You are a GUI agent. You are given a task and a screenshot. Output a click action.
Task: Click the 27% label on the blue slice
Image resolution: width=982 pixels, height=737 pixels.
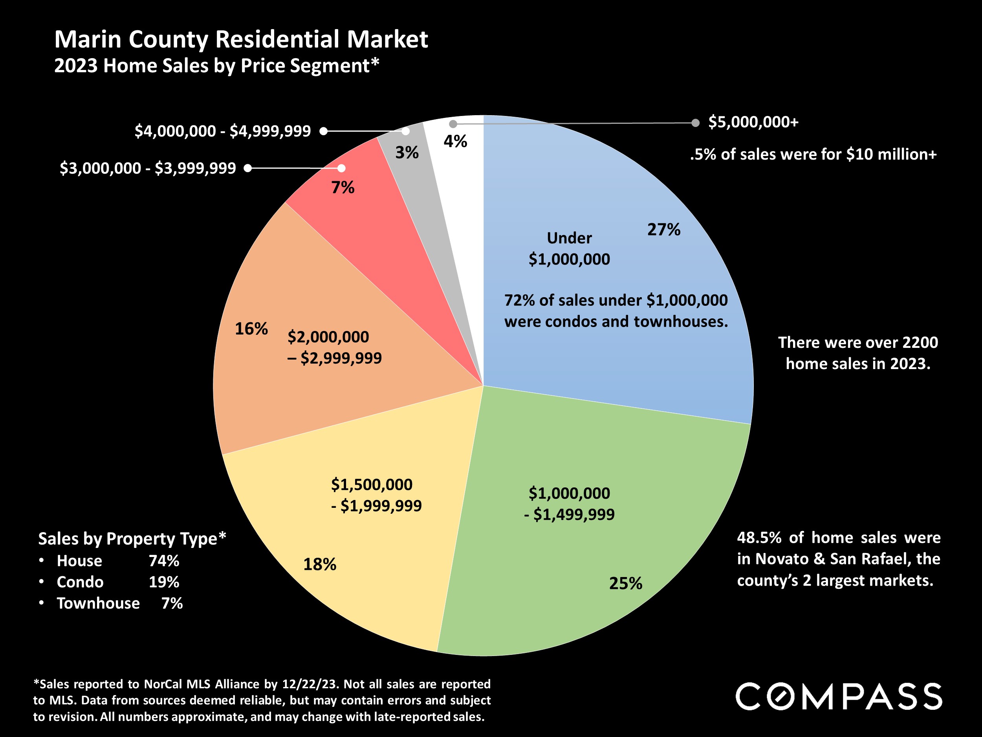coord(663,230)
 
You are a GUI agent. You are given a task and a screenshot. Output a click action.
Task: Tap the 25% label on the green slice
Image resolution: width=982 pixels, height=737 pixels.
coord(625,583)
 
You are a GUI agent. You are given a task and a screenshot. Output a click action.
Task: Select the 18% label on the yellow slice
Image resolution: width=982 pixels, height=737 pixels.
coord(320,564)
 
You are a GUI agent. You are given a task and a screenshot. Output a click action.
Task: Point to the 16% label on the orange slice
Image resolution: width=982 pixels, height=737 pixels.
coord(251,329)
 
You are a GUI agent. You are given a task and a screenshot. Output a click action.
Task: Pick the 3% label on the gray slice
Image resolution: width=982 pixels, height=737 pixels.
coord(407,153)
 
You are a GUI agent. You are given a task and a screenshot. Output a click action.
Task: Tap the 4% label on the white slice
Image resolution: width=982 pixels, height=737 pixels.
coord(455,142)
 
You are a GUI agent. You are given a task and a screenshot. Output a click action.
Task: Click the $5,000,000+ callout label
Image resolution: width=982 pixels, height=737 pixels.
coord(753,122)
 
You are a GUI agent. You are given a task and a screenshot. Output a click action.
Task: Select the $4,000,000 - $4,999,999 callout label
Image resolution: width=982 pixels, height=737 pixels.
coord(222,131)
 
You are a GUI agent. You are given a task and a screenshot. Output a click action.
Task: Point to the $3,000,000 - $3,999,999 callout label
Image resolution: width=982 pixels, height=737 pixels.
coord(148,168)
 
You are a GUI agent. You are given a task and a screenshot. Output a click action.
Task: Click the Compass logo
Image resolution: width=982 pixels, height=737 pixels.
coord(839,697)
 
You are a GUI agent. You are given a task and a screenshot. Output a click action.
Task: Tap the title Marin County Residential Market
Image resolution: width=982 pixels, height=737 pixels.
coord(241,40)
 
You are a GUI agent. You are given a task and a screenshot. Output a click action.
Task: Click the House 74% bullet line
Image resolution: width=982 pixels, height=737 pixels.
coord(118,561)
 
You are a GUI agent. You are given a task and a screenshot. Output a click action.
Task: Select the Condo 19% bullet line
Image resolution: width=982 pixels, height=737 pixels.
coord(118,582)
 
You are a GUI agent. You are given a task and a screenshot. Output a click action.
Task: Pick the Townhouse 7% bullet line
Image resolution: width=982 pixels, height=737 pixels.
coord(119,603)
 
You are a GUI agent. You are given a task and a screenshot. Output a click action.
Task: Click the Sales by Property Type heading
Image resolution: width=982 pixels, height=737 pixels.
coord(132,539)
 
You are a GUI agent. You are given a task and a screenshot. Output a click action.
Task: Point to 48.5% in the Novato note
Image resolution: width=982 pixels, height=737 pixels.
coord(759,538)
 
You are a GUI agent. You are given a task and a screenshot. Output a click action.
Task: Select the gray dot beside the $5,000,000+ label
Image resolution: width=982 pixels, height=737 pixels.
coord(696,123)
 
